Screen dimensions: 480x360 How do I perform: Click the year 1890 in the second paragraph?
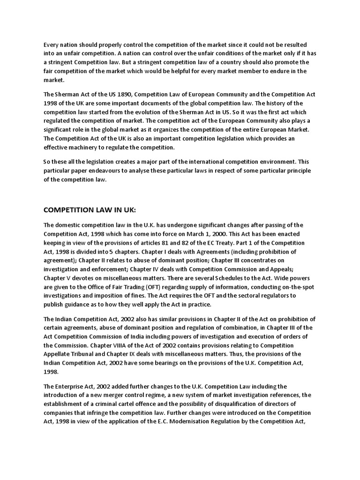pyautogui.click(x=114, y=94)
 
